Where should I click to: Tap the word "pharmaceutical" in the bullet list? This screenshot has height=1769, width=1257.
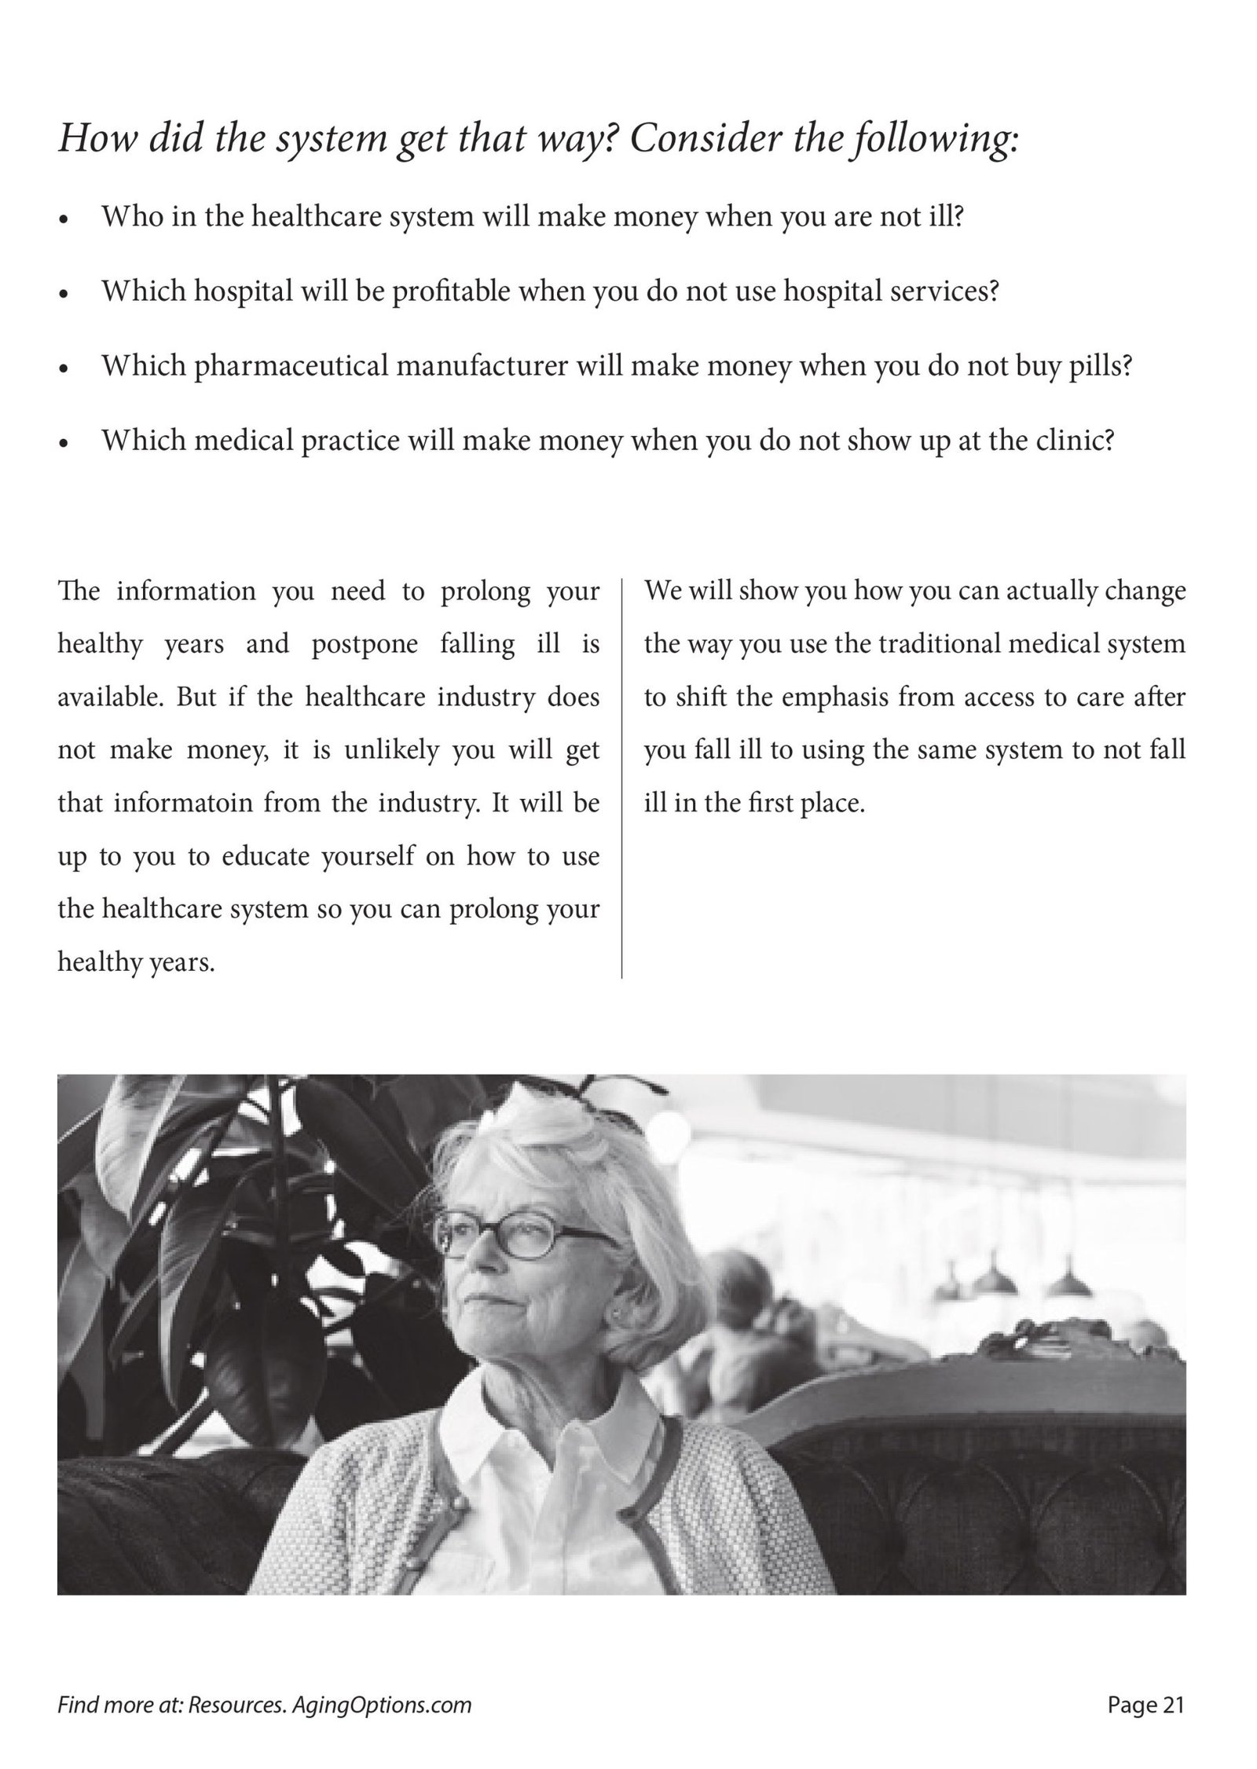291,367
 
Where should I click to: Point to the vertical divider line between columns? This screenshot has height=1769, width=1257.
621,778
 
